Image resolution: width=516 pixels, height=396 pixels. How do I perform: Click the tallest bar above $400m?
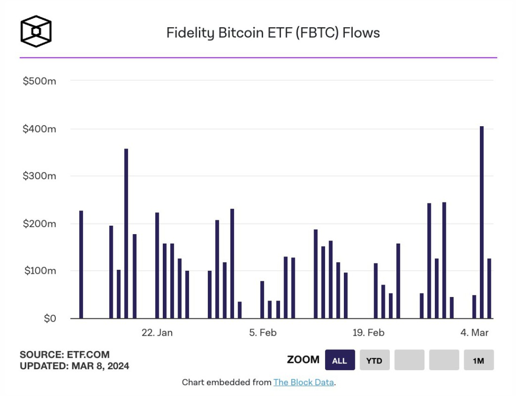point(481,222)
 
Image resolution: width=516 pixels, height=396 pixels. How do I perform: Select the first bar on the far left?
point(81,264)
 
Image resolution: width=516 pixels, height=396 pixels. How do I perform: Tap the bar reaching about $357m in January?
point(126,233)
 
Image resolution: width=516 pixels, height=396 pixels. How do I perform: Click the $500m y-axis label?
point(39,81)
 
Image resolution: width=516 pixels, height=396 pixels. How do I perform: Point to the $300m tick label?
point(39,176)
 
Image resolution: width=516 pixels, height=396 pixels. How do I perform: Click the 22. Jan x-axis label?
point(157,333)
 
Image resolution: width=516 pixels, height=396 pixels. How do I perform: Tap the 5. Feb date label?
point(263,333)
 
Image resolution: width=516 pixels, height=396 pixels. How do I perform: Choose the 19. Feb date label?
point(368,333)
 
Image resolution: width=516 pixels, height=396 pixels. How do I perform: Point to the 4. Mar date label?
point(474,333)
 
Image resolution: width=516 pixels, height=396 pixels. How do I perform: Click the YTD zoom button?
point(374,360)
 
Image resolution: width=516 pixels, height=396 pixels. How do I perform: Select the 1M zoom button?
point(478,360)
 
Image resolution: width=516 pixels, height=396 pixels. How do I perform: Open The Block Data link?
point(304,382)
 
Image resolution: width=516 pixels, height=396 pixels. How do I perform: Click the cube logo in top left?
point(36,32)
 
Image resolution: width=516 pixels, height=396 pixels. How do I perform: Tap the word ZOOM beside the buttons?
point(303,360)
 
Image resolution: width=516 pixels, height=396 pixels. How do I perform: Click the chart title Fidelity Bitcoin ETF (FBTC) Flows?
point(273,33)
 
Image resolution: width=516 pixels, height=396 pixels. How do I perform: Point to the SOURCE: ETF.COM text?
point(64,354)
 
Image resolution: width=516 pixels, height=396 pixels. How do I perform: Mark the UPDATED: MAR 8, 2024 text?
point(74,366)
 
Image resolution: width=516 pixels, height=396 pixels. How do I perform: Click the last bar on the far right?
point(489,288)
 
